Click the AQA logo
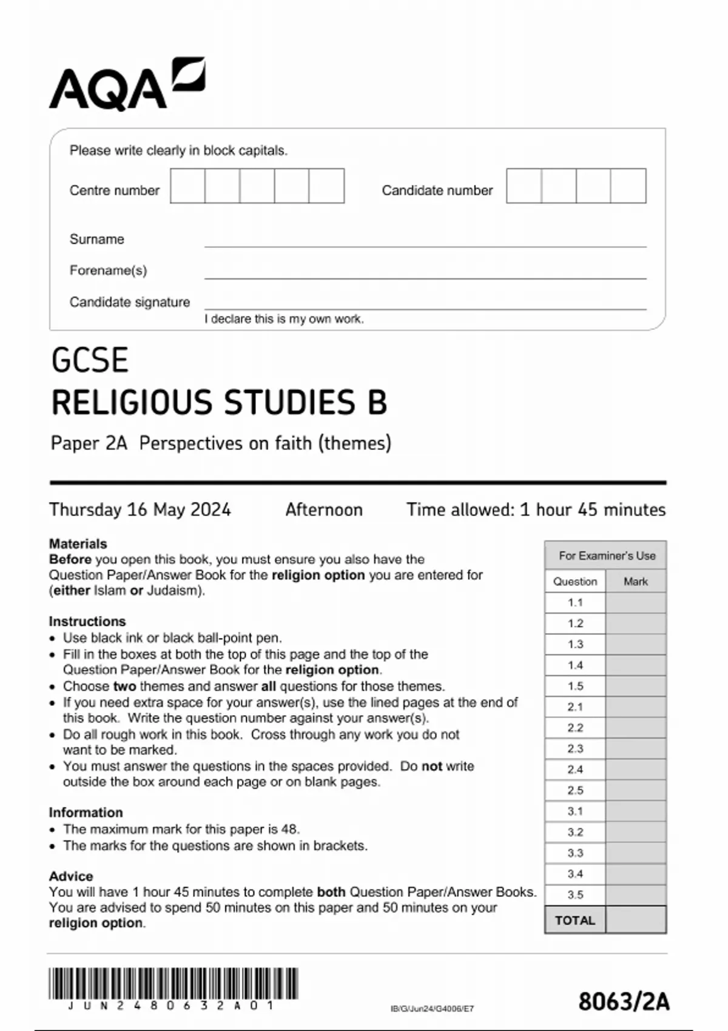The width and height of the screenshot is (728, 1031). point(126,85)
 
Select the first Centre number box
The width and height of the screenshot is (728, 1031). point(187,186)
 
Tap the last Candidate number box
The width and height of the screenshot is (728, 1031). point(629,186)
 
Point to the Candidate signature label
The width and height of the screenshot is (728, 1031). point(129,302)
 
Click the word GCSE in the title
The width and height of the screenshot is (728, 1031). point(90,360)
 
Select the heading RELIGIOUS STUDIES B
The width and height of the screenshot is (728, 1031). point(219,403)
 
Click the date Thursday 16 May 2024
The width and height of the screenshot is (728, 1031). point(140,509)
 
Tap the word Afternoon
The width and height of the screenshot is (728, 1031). point(324,509)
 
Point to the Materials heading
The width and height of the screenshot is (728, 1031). point(78,543)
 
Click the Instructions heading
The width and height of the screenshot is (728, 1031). point(87,621)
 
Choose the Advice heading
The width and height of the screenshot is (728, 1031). point(71,876)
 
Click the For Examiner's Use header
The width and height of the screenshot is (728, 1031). point(606,556)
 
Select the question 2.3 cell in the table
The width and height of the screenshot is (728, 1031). point(575,748)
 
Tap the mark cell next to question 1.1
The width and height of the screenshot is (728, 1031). point(635,602)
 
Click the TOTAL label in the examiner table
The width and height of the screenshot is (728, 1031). point(575,920)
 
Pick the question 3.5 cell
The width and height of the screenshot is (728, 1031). point(575,895)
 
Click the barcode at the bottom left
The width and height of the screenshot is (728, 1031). point(173,984)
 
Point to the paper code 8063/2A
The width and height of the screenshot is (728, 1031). point(624,1001)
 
